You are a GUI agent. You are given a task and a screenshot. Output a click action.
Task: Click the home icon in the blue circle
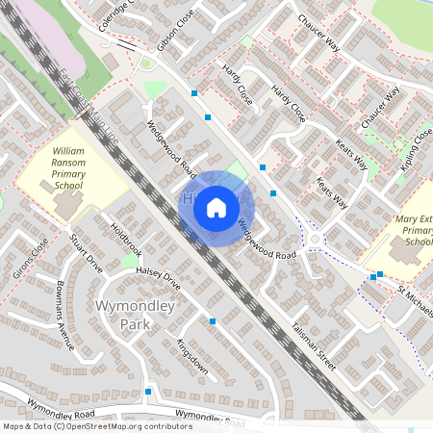coord(216,207)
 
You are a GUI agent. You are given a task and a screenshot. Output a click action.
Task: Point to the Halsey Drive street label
coord(158,278)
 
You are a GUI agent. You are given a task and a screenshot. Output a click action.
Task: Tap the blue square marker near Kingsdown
coord(212,320)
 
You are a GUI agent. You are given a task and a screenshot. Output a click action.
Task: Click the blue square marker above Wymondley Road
coord(148,392)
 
